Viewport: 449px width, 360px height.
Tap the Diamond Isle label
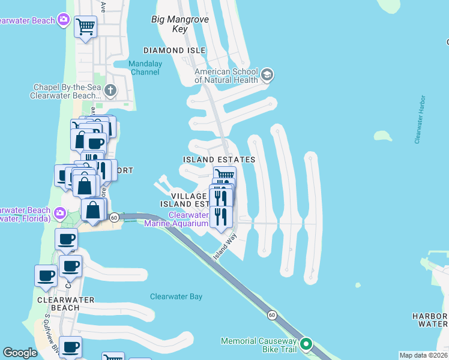pos(174,50)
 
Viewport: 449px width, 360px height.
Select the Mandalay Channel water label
pos(145,68)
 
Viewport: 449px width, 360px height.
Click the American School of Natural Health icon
pos(268,75)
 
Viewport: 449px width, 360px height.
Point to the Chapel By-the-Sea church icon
pos(109,91)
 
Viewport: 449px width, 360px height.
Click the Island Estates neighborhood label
pos(219,160)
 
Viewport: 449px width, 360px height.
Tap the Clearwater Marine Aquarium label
pos(188,219)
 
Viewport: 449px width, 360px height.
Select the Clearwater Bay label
pos(176,296)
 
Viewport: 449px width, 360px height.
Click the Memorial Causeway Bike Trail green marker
pos(306,344)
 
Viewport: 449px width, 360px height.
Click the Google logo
pos(20,353)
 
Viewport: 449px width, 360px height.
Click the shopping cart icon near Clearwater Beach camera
pos(85,26)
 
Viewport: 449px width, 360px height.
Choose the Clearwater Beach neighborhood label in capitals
pos(58,303)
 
